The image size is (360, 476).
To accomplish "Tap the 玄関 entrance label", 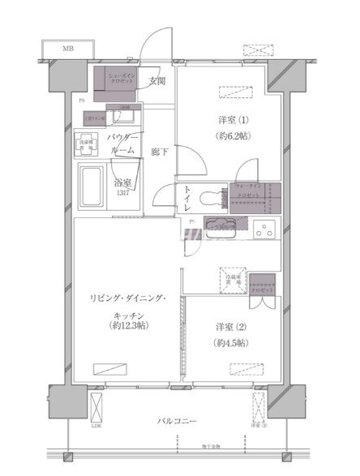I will click(157, 81).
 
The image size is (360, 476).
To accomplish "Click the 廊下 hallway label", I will click(160, 152).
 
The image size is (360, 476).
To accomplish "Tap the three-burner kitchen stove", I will click(264, 229).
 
